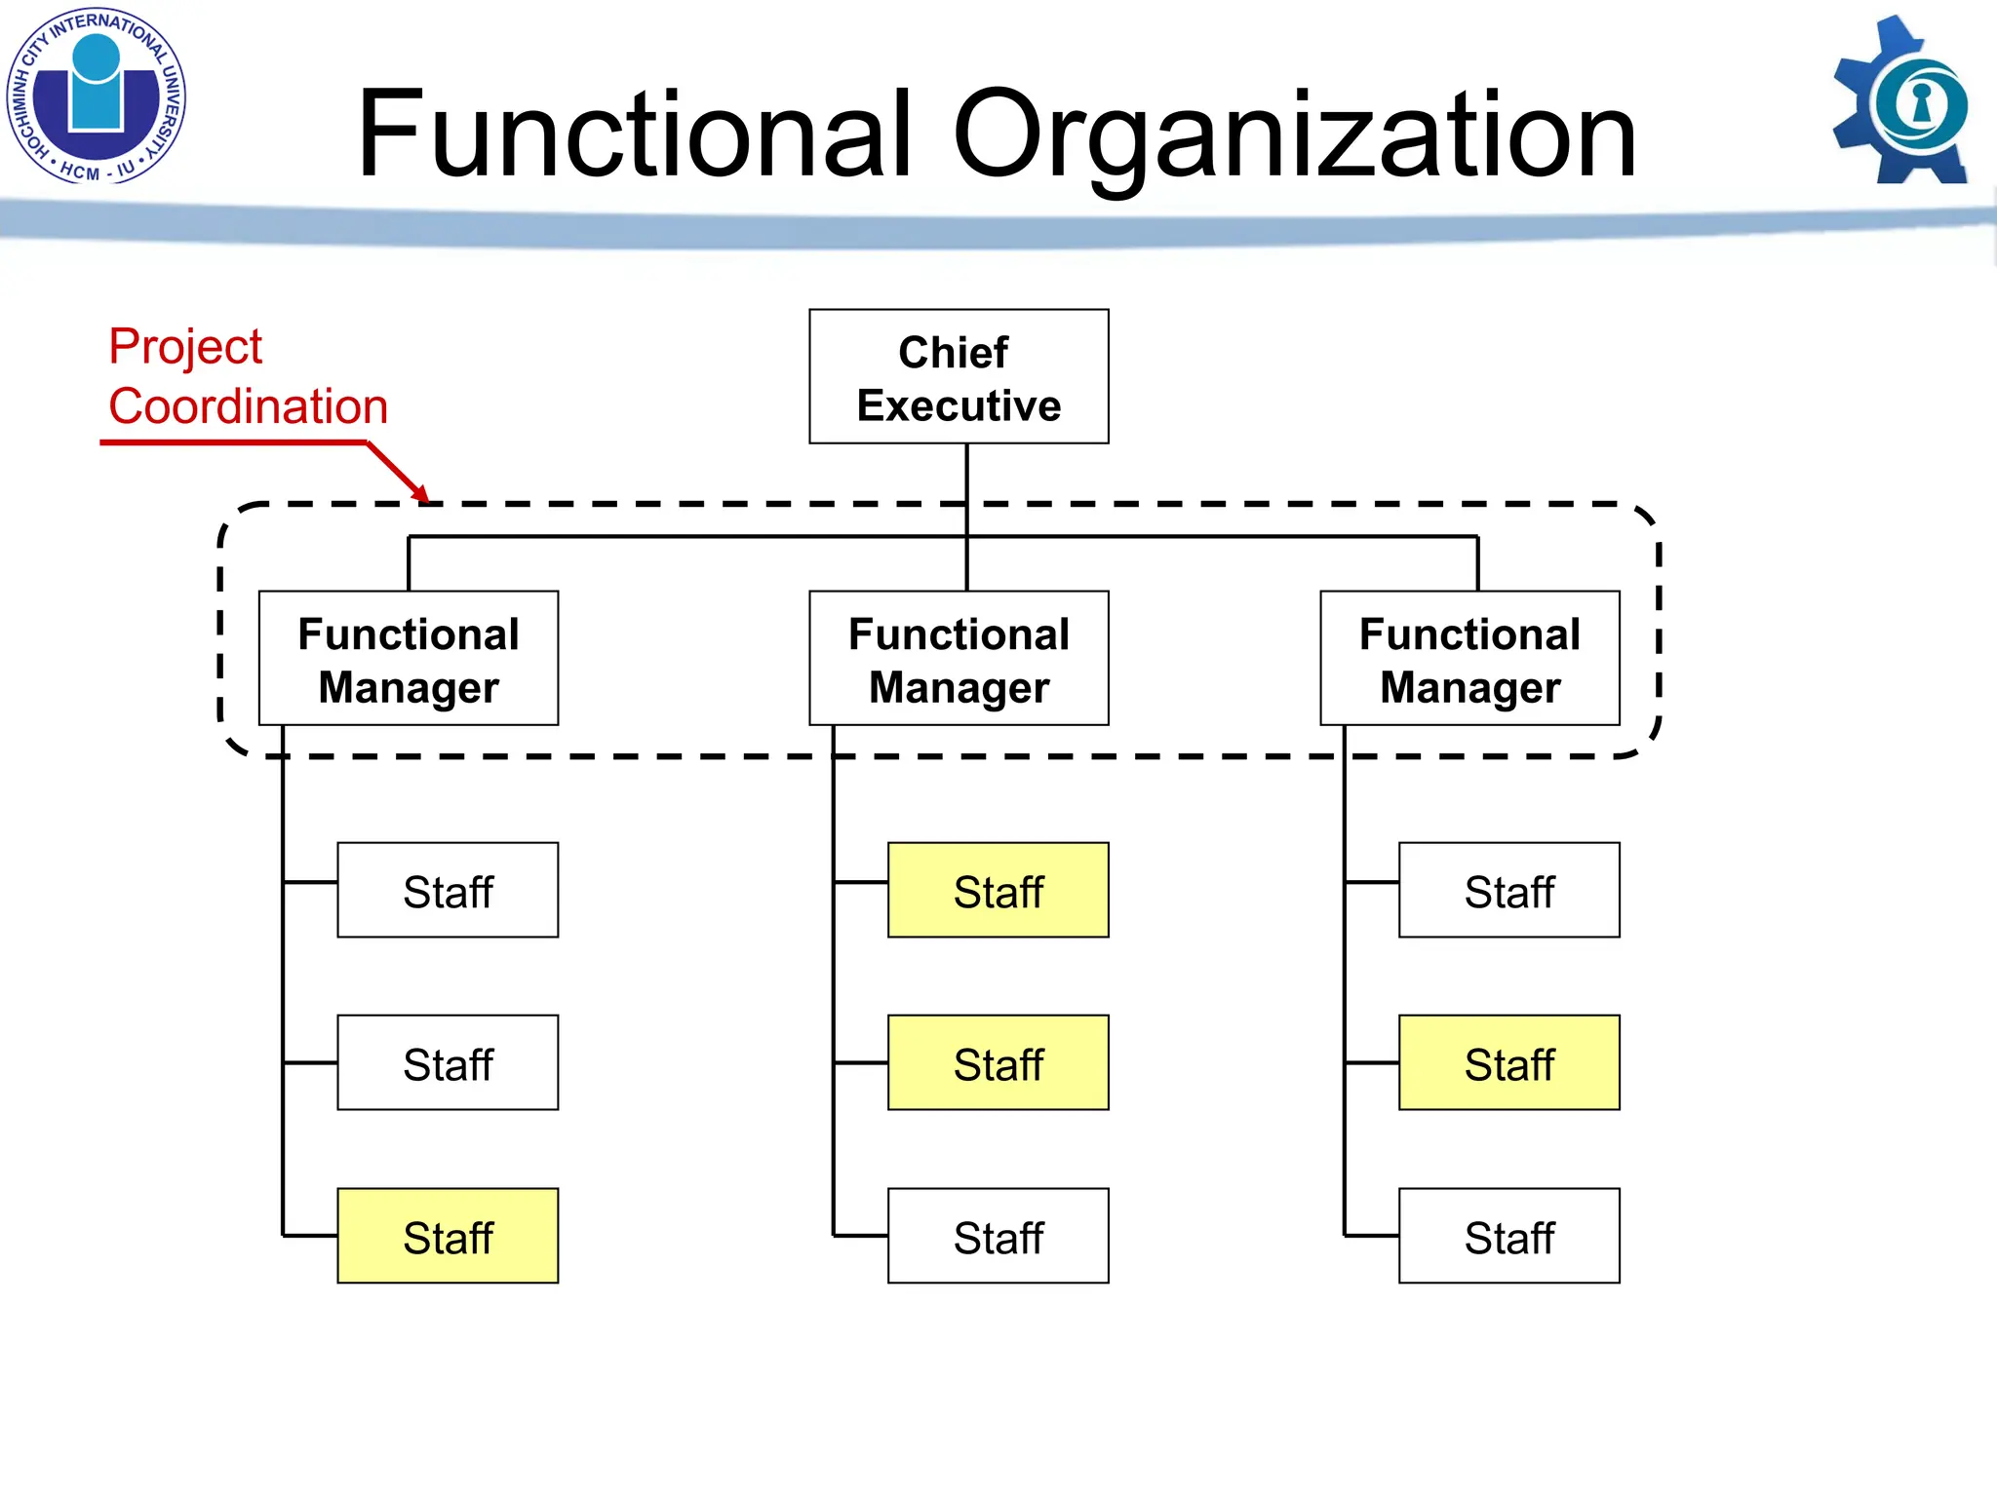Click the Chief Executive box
(959, 377)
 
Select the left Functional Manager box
(409, 659)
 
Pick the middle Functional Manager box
(959, 659)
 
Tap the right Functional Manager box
(1469, 659)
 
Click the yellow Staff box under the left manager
(448, 1236)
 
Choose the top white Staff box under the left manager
(448, 891)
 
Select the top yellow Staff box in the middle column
(998, 891)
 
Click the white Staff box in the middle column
(998, 1236)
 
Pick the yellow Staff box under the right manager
(1508, 1063)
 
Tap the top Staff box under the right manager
(1508, 891)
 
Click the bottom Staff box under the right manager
(1508, 1236)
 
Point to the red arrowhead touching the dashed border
(420, 494)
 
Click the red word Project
(185, 347)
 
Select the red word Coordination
(249, 406)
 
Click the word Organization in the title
(1294, 136)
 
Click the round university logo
(96, 96)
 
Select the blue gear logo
(1901, 101)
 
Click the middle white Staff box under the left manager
(448, 1063)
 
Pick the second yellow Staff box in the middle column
(998, 1063)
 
